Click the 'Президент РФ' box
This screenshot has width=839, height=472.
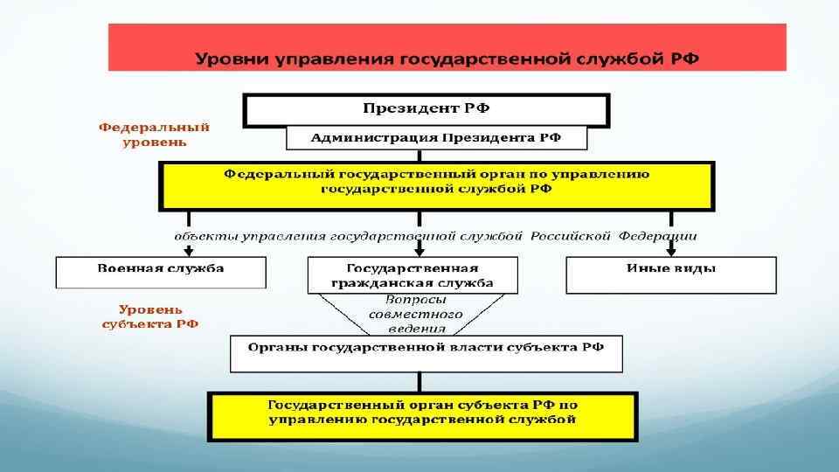tap(426, 109)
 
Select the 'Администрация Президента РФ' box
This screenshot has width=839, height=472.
tap(436, 138)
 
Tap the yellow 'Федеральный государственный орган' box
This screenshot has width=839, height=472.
tap(436, 185)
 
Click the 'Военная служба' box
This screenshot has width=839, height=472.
tap(161, 273)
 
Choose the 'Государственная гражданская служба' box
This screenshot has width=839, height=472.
tap(413, 275)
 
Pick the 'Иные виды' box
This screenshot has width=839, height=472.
tap(670, 274)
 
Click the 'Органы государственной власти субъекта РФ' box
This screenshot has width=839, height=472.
tap(426, 353)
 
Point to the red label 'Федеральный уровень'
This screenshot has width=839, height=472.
tap(154, 134)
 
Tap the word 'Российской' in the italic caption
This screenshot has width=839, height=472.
tap(571, 236)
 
